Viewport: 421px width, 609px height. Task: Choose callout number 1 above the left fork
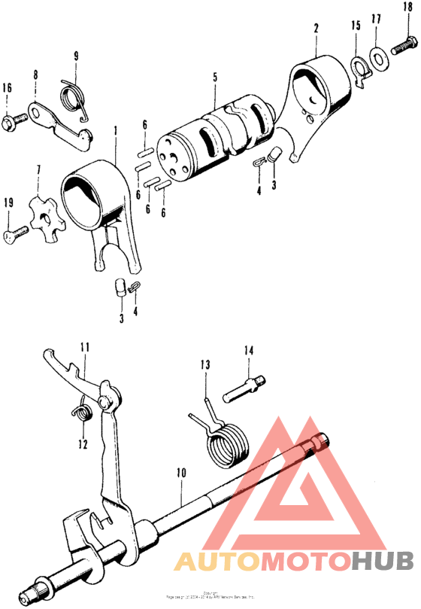(x=116, y=130)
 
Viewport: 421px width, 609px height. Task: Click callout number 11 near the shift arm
(x=84, y=347)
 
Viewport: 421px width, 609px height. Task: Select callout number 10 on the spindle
(x=180, y=473)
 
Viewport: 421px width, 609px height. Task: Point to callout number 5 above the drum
(x=214, y=77)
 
